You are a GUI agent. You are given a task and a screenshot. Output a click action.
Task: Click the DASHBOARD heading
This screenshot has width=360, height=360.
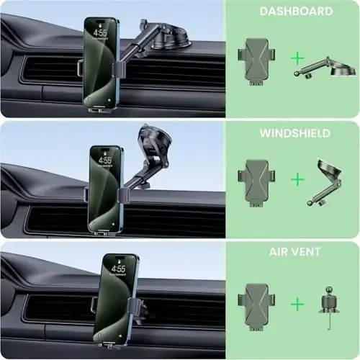pyautogui.click(x=297, y=12)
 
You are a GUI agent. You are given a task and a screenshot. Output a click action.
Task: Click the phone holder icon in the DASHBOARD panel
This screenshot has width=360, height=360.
pyautogui.click(x=257, y=58)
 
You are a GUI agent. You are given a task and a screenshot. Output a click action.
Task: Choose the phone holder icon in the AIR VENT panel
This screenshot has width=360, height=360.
pyautogui.click(x=257, y=304)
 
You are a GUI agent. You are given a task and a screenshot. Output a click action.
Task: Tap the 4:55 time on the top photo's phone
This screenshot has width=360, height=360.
pyautogui.click(x=100, y=32)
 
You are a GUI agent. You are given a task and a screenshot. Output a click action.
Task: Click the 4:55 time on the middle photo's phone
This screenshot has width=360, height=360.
pyautogui.click(x=106, y=160)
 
